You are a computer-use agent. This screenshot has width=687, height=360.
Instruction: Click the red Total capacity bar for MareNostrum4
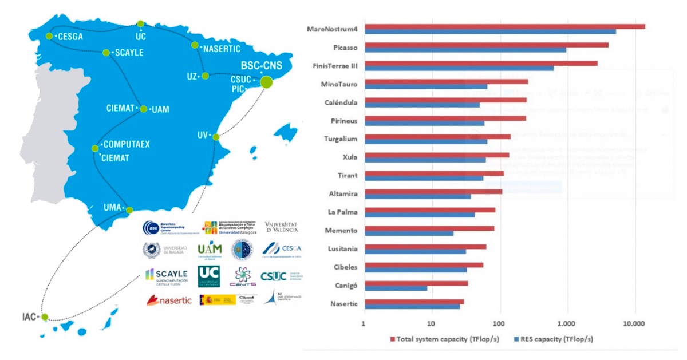click(x=504, y=26)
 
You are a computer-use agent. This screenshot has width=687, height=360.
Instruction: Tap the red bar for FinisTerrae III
click(x=481, y=63)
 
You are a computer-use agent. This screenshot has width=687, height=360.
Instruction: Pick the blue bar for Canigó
click(x=396, y=288)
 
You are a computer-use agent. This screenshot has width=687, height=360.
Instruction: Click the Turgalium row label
click(x=341, y=139)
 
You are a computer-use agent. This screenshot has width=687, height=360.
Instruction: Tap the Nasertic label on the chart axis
click(x=344, y=303)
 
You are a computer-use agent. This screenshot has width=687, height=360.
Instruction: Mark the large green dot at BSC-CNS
click(x=266, y=82)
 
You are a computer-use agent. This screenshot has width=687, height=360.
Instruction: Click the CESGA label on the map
click(x=70, y=37)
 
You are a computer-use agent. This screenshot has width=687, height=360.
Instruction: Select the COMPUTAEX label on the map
click(x=127, y=144)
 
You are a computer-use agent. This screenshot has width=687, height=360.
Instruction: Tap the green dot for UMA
click(x=129, y=209)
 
